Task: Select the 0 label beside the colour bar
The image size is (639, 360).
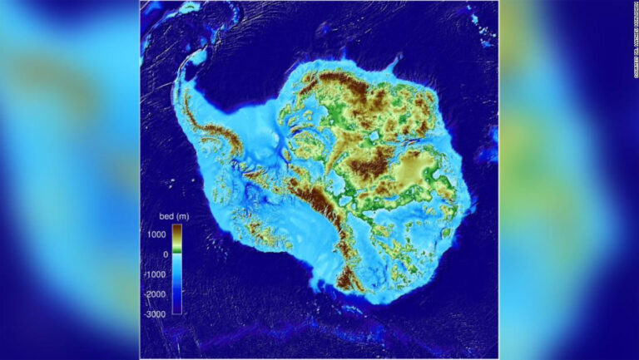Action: (164, 254)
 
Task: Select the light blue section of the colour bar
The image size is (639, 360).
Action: (177, 264)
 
